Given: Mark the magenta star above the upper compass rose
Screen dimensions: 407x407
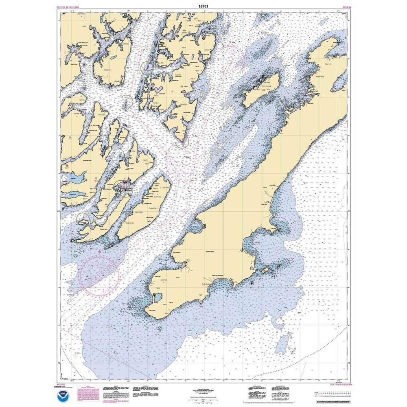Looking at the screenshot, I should [230, 42].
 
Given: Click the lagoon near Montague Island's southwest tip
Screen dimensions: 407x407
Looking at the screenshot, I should [157, 298].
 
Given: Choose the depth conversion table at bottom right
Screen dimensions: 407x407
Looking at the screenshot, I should [334, 394].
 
